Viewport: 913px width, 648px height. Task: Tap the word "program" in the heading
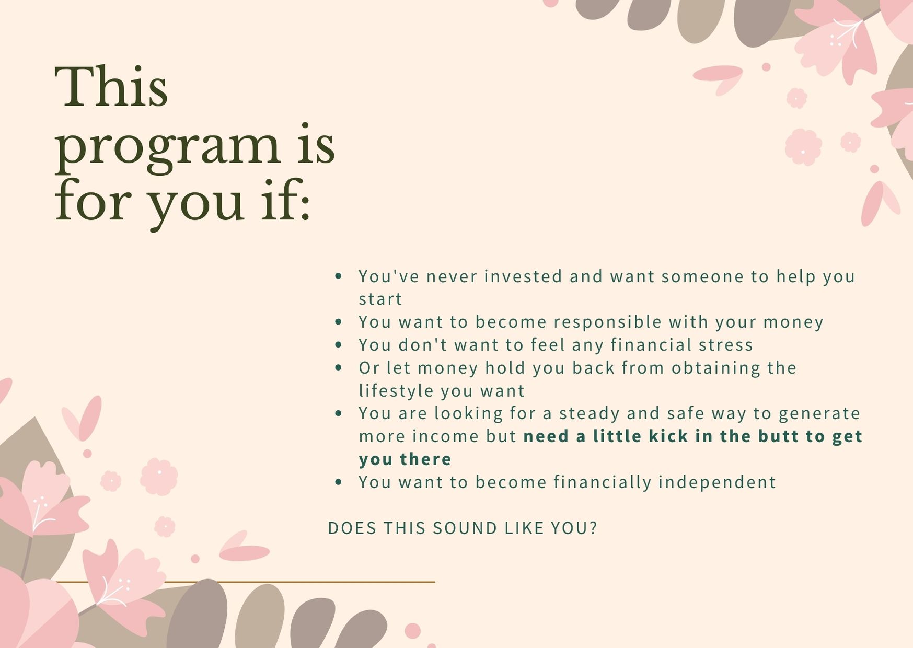point(167,149)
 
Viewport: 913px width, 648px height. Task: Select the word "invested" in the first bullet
point(523,276)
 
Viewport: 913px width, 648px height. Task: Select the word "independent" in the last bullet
point(717,482)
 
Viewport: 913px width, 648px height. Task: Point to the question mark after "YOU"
point(593,528)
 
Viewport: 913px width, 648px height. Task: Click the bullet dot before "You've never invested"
point(339,276)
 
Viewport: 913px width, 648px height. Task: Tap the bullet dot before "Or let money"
point(339,368)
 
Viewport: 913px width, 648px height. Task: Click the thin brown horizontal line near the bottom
point(245,582)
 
